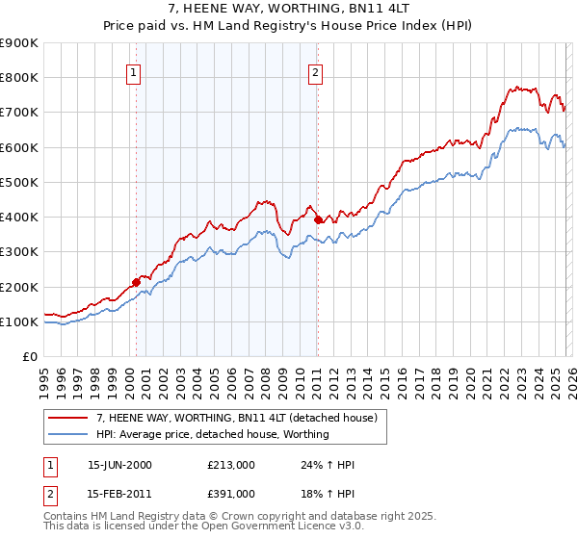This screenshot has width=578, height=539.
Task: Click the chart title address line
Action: [x=288, y=9]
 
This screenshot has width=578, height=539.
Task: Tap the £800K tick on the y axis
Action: [x=19, y=78]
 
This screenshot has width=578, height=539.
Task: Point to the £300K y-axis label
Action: [x=19, y=252]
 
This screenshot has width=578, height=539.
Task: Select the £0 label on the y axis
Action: [x=29, y=357]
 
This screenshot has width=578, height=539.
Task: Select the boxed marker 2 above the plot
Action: [x=316, y=70]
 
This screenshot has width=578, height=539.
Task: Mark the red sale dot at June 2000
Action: [x=136, y=282]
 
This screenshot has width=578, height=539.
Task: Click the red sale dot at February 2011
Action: [x=318, y=220]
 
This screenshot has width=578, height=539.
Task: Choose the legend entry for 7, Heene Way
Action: [x=241, y=419]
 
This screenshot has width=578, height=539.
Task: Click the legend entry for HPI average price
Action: [x=212, y=434]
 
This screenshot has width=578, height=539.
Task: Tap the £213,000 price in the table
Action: [x=230, y=465]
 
